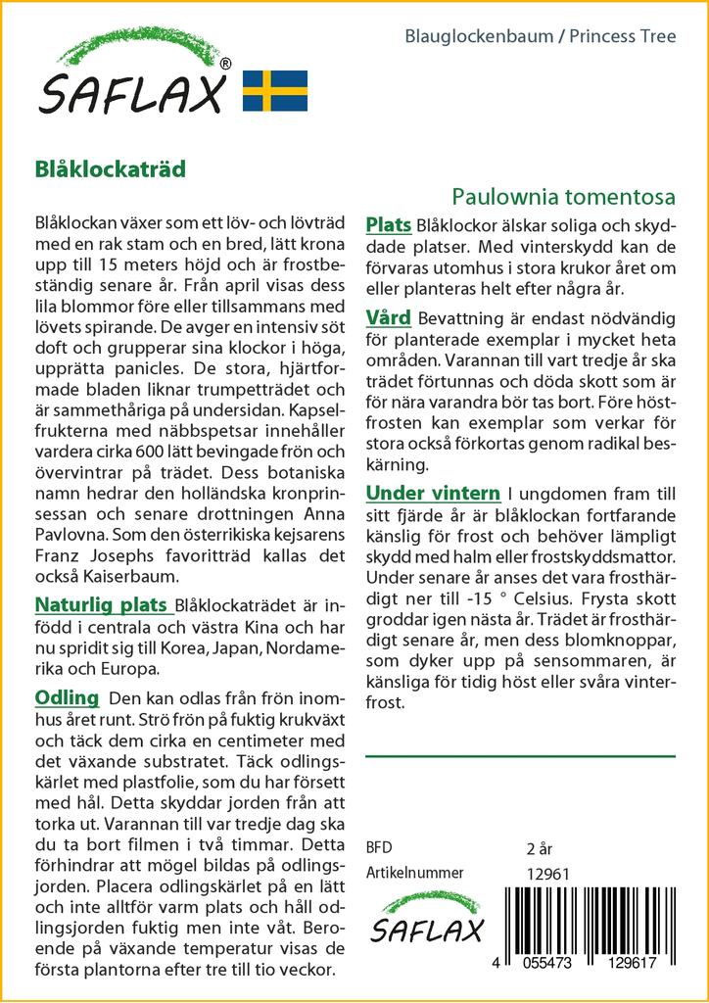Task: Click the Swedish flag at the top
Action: [274, 90]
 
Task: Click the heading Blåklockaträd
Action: [110, 167]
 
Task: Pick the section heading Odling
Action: [67, 697]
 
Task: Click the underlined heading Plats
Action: [388, 225]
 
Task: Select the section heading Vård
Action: [388, 317]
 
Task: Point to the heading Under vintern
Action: [432, 492]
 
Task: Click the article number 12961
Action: [547, 874]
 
